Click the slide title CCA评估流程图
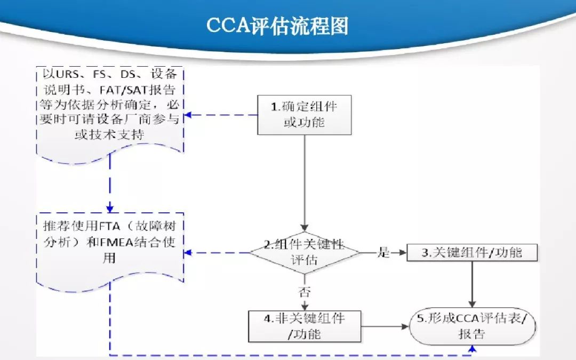tap(277, 25)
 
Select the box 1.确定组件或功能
tap(305, 115)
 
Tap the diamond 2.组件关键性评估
tap(305, 252)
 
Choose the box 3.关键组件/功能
tap(472, 253)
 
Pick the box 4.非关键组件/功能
tap(305, 326)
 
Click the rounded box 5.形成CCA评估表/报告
tap(472, 326)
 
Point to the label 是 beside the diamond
tap(384, 253)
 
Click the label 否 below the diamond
tap(305, 292)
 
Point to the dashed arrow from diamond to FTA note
tap(219, 253)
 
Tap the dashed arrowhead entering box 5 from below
tap(472, 348)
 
